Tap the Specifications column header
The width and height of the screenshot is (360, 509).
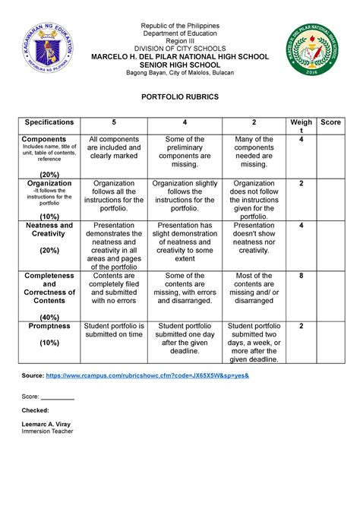pyautogui.click(x=49, y=122)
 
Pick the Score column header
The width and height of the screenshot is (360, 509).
pyautogui.click(x=331, y=122)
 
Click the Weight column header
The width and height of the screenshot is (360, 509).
pyautogui.click(x=301, y=126)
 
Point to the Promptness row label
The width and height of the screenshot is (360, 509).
pyautogui.click(x=49, y=325)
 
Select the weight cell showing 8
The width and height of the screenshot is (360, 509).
pyautogui.click(x=301, y=276)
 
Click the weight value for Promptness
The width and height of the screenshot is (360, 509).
pyautogui.click(x=301, y=325)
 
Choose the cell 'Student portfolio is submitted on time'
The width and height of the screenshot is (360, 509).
pyautogui.click(x=115, y=330)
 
